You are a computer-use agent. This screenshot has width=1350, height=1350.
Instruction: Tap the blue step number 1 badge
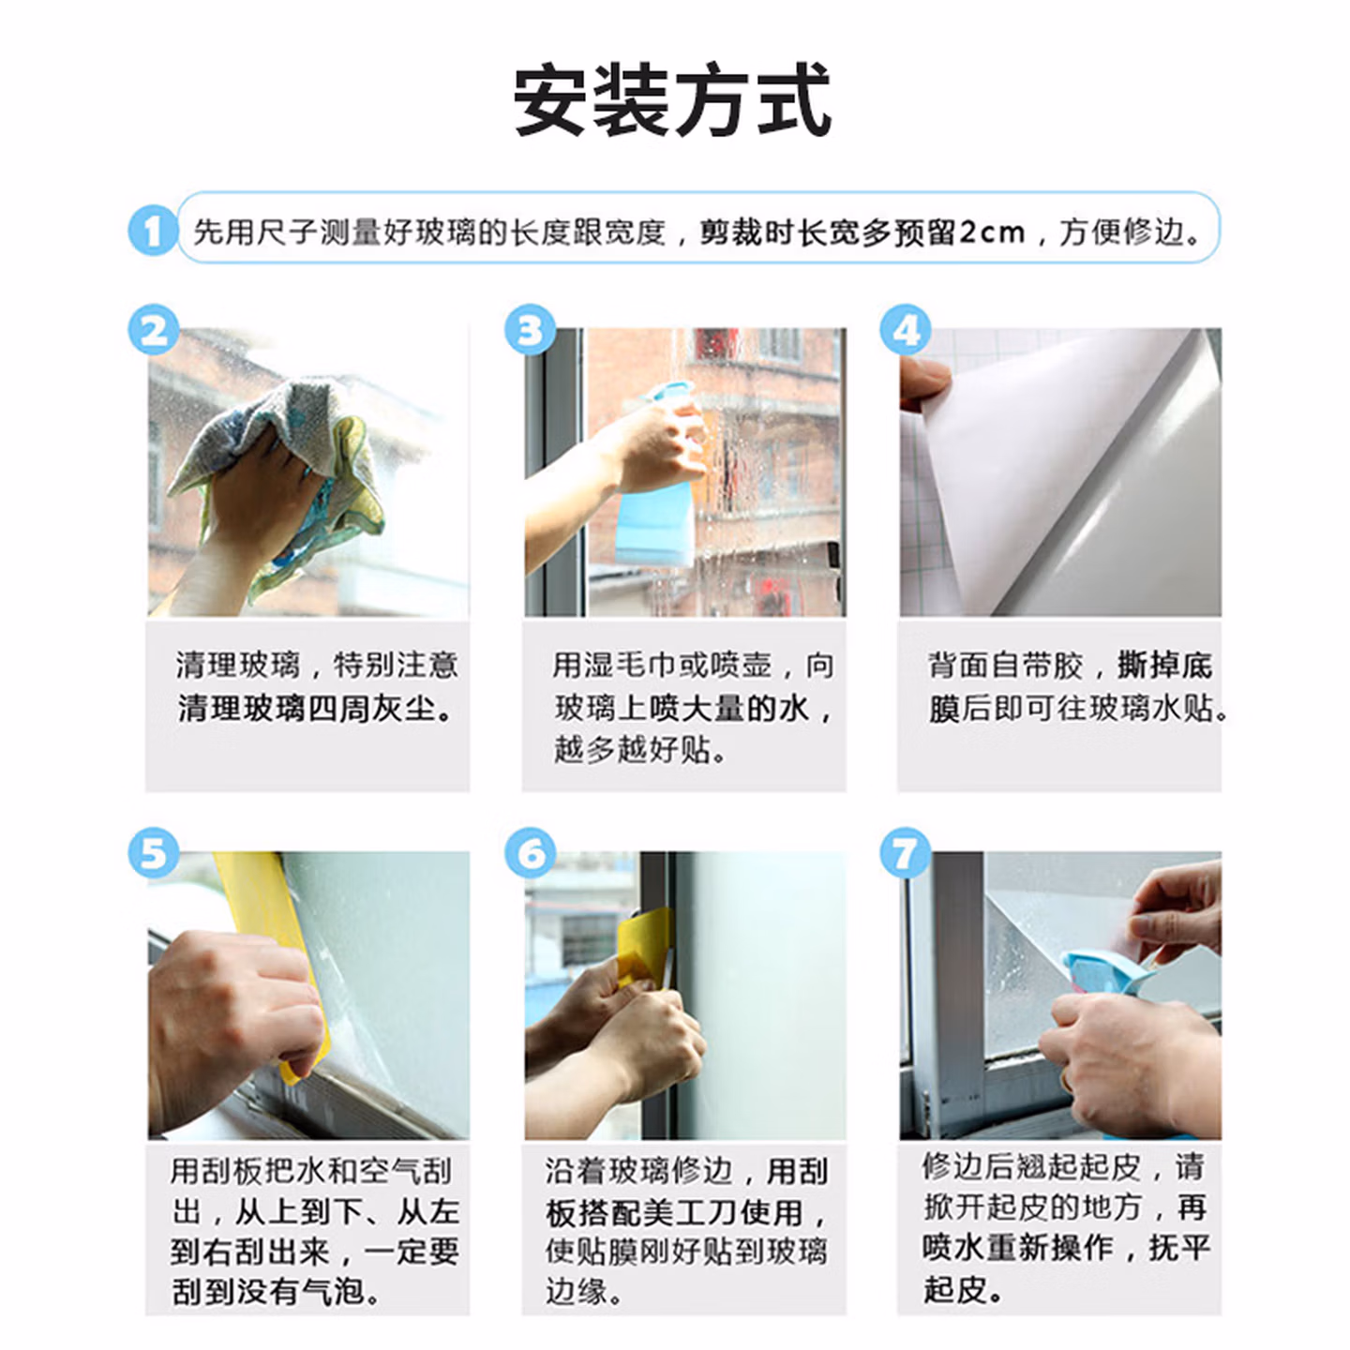click(154, 230)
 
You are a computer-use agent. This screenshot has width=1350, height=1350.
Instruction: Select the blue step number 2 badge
click(154, 329)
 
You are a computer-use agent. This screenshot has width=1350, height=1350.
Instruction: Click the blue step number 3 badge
click(530, 329)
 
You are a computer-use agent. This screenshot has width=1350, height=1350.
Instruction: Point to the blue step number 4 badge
click(905, 329)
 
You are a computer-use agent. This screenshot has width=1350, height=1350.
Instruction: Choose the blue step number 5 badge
click(154, 852)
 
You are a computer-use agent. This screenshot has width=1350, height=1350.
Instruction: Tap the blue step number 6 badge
click(530, 852)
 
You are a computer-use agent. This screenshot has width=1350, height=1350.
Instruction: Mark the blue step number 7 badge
click(905, 852)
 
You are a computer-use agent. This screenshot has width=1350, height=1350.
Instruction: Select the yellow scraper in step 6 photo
click(642, 946)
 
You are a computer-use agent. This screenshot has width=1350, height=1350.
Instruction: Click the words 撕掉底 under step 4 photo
click(1164, 665)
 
